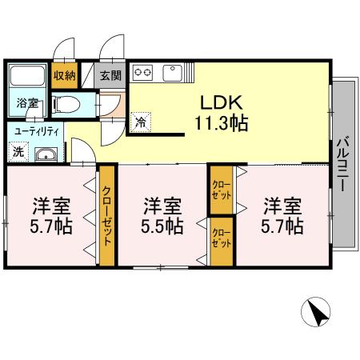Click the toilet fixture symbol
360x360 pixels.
[66, 103]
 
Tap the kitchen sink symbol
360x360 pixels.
[173, 74]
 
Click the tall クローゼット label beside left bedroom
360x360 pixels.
[106, 214]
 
